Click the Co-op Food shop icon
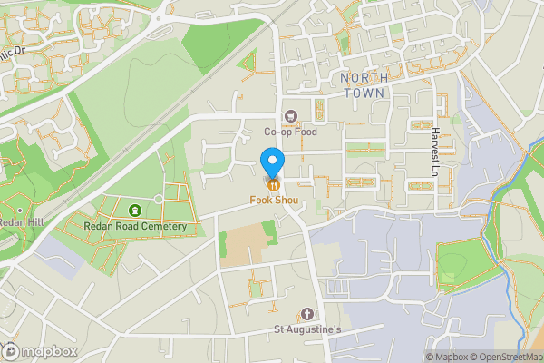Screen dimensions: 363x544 click(x=291, y=115)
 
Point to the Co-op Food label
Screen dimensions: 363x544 click(x=291, y=132)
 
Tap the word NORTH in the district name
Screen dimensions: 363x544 click(x=364, y=78)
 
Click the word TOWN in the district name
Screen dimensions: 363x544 click(x=364, y=93)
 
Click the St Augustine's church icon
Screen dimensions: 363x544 click(x=307, y=313)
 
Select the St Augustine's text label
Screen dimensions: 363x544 click(x=307, y=329)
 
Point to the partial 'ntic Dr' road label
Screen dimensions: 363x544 click(x=13, y=52)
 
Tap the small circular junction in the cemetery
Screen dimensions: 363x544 click(x=159, y=198)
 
